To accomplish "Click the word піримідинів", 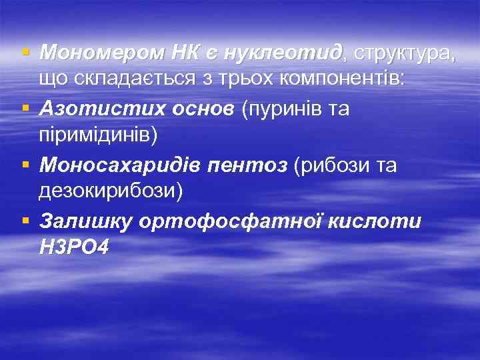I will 99,135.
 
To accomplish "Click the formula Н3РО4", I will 73,248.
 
